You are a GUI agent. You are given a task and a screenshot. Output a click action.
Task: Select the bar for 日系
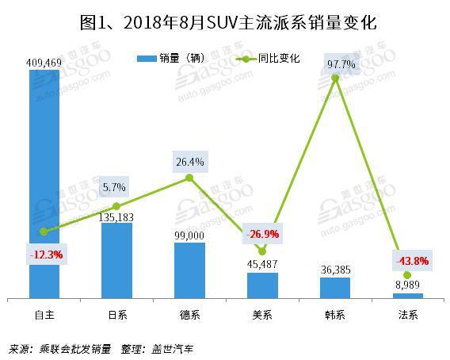[117, 261]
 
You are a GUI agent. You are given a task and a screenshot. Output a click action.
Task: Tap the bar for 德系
[189, 270]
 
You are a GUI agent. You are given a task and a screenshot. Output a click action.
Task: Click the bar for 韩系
[334, 288]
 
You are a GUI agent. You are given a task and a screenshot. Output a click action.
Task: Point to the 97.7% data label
[334, 62]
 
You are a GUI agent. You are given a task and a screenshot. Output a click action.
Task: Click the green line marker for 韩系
[334, 78]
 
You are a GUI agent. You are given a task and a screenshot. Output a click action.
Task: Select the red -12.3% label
[44, 255]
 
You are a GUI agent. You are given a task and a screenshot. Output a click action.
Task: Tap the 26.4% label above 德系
[189, 163]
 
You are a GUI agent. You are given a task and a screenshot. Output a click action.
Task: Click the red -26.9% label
[262, 235]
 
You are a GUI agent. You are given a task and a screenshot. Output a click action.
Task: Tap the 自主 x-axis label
[44, 315]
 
